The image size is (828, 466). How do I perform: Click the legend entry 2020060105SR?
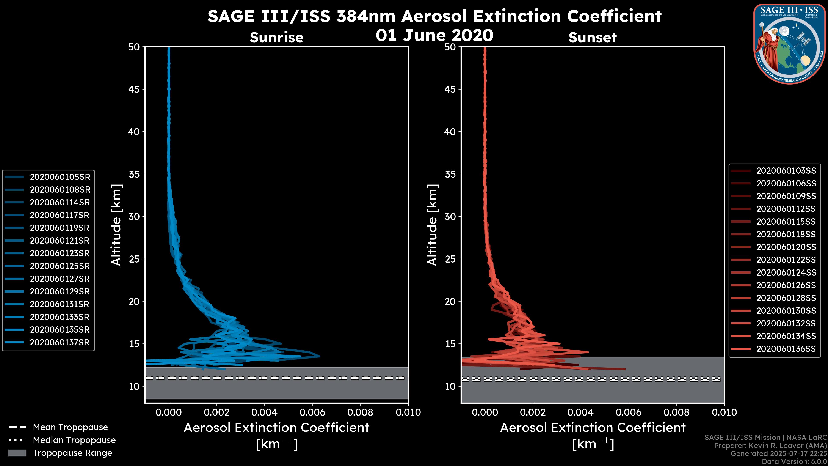60,177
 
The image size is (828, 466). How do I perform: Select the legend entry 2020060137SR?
60,343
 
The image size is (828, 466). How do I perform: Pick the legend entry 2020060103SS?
786,171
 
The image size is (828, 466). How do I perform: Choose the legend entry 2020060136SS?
786,349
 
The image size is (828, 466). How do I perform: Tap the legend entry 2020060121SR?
60,241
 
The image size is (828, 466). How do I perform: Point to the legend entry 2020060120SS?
786,247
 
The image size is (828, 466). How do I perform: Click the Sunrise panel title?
276,37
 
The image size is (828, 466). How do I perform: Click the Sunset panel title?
592,37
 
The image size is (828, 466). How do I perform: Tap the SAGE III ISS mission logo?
789,44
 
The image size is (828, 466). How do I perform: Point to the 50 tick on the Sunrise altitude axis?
134,47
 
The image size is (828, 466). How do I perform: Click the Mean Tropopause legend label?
70,427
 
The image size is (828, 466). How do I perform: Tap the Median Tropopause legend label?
74,440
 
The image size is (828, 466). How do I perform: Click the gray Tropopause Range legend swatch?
17,453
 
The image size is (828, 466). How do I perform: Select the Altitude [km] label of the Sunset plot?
432,225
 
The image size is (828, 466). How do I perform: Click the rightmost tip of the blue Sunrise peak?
320,356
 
